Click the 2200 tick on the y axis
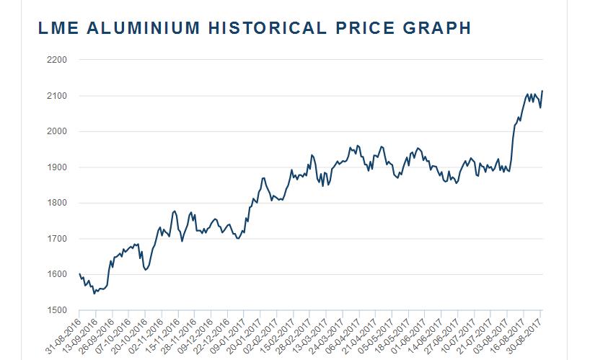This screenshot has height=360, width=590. pyautogui.click(x=56, y=60)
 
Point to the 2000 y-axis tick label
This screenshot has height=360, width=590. pyautogui.click(x=56, y=131)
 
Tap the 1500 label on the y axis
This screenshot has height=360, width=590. pyautogui.click(x=56, y=310)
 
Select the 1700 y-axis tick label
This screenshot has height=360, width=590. pyautogui.click(x=56, y=239)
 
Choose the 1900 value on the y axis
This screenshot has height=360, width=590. pyautogui.click(x=56, y=167)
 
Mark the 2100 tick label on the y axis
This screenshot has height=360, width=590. pyautogui.click(x=56, y=96)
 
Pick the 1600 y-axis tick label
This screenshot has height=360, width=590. pyautogui.click(x=56, y=274)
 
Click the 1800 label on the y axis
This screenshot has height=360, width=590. pyautogui.click(x=56, y=203)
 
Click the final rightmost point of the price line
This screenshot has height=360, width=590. pyautogui.click(x=542, y=91)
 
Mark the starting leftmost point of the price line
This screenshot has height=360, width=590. pyautogui.click(x=79, y=273)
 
